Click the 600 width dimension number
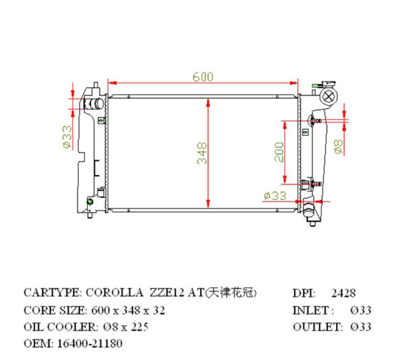tap(203, 77)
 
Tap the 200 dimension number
tap(279, 153)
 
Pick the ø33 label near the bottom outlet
tap(275, 195)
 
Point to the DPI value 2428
tap(343, 293)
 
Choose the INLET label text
tap(312, 310)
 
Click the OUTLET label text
tap(316, 327)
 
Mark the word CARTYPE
tap(51, 293)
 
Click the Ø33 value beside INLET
tap(361, 310)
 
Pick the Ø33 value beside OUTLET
tap(361, 327)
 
